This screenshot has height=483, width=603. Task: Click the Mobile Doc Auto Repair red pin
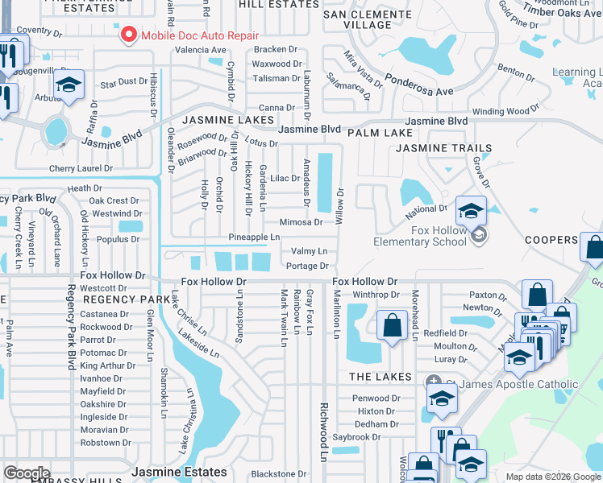[128, 35]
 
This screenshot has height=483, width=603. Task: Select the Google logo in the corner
[27, 473]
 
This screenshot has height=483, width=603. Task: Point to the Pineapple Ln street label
[254, 237]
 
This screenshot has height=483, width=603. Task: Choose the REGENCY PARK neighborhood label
[116, 299]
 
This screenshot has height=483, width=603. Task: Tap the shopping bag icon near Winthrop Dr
[392, 325]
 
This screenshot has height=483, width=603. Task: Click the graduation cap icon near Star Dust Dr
[70, 85]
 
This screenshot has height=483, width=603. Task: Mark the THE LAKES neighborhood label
[381, 377]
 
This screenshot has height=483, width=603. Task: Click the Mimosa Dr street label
[301, 222]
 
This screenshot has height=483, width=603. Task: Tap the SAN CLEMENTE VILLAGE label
[368, 19]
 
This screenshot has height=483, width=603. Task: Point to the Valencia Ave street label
[201, 50]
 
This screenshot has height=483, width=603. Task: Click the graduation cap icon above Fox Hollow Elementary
[471, 212]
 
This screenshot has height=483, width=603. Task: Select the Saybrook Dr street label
[356, 437]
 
